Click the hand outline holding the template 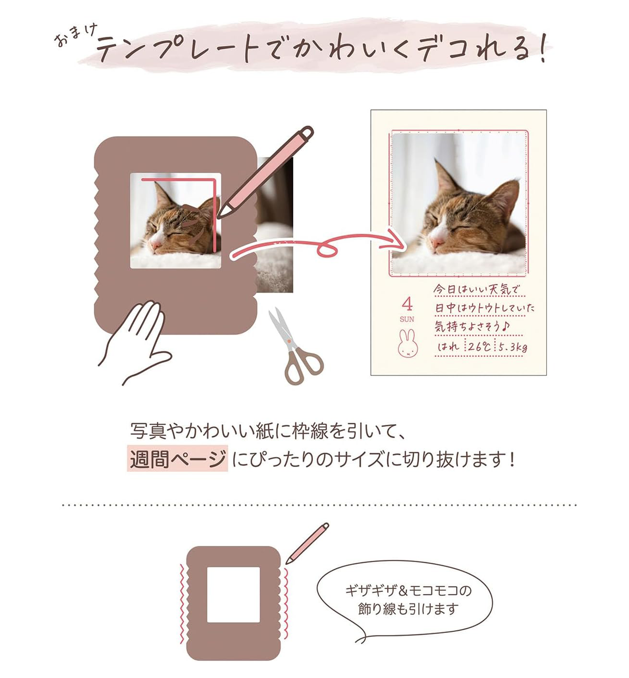[x=135, y=341]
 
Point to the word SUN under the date [x=407, y=319]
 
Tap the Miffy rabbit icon [x=407, y=343]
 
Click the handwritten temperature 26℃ [x=479, y=347]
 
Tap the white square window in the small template [x=233, y=595]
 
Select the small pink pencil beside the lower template [x=307, y=543]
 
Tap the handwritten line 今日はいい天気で [x=476, y=289]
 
